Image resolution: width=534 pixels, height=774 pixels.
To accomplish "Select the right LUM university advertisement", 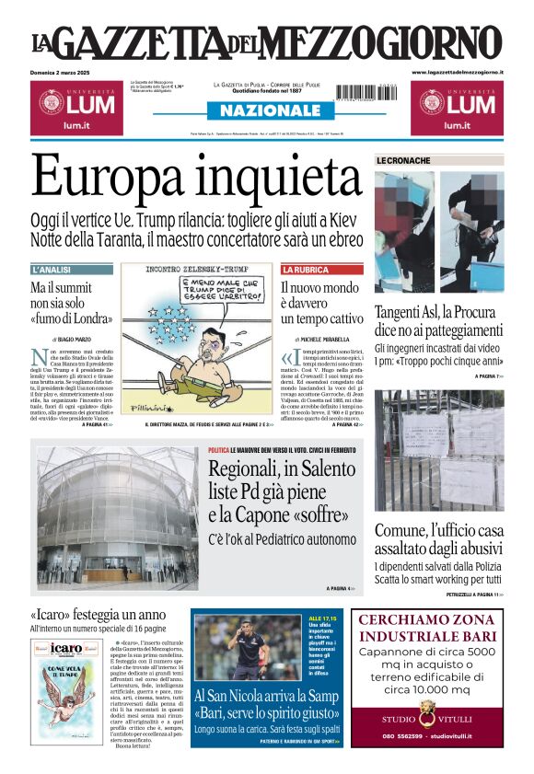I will (x=458, y=106).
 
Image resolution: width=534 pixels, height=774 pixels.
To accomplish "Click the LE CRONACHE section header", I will (x=403, y=160).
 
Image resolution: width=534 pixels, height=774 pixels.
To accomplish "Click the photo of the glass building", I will (x=116, y=518).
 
